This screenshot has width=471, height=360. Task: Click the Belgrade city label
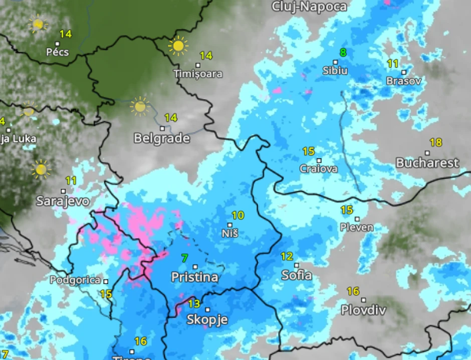point(162,138)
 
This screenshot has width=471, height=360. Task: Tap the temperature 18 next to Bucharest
point(435,143)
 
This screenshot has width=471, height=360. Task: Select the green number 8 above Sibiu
point(343,53)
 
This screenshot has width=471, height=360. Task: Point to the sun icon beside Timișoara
point(178,46)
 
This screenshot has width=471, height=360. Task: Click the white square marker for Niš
point(230,225)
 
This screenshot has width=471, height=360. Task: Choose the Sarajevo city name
point(63,201)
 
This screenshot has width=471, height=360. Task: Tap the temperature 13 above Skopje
point(194,303)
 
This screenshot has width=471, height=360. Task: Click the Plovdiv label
point(363,310)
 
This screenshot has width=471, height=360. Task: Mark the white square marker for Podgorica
point(106,281)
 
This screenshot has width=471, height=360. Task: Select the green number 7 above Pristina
point(185,258)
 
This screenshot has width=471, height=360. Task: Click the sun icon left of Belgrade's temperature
point(140,106)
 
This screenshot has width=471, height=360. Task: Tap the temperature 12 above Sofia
point(287,257)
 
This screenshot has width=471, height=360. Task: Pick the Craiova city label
point(319,169)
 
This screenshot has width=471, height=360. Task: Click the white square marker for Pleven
point(357,219)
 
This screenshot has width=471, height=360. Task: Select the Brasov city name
point(404,81)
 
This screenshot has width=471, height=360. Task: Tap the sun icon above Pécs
point(38,24)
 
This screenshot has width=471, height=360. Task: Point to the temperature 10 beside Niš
point(238,215)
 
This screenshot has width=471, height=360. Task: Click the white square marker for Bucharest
point(427,153)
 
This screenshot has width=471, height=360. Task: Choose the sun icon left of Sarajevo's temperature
point(41,169)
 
